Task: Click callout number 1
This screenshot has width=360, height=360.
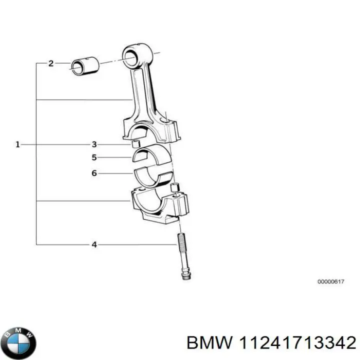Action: pyautogui.click(x=17, y=144)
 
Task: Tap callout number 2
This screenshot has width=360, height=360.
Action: pyautogui.click(x=50, y=63)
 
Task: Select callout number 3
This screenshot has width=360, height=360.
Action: pyautogui.click(x=93, y=144)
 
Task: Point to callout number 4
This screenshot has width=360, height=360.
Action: pyautogui.click(x=93, y=244)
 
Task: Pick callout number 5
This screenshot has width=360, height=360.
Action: pyautogui.click(x=93, y=157)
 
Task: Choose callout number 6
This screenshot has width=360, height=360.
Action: pyautogui.click(x=93, y=173)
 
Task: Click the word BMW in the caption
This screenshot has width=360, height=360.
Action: pyautogui.click(x=208, y=342)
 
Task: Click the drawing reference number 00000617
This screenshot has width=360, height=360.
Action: pyautogui.click(x=330, y=282)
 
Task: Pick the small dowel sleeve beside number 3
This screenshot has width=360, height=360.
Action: pyautogui.click(x=134, y=145)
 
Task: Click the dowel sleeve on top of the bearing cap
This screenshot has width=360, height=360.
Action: pyautogui.click(x=175, y=187)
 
